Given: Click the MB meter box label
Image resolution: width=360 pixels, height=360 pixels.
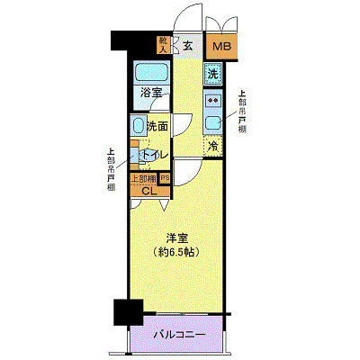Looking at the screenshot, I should (x=220, y=48).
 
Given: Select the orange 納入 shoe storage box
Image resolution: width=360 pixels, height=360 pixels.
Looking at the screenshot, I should (x=163, y=45).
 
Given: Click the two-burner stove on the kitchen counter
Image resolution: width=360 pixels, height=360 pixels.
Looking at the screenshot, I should (x=213, y=101).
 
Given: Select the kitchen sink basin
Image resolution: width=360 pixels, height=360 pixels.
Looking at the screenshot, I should (x=213, y=122).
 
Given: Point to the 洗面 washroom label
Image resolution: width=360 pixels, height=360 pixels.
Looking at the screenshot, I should (x=157, y=127).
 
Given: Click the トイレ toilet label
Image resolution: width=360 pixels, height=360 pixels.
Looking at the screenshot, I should (x=154, y=155).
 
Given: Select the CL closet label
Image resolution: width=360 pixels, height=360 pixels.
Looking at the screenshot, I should (x=149, y=190).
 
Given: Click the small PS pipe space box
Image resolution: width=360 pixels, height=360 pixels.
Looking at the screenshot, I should (x=165, y=178).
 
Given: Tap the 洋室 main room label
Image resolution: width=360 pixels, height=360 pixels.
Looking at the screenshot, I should (x=175, y=238).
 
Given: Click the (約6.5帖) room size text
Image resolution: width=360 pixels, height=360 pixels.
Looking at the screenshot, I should (x=176, y=252).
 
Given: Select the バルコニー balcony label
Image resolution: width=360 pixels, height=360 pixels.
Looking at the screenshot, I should (x=177, y=334).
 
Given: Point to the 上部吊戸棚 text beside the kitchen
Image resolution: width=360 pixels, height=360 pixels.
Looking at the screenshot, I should (x=241, y=112).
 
